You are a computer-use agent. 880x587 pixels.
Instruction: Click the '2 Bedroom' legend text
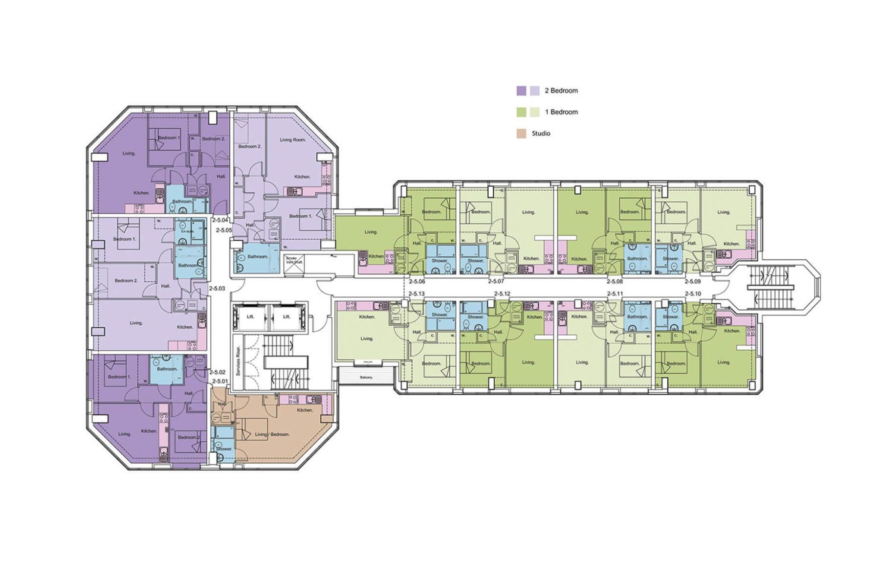tap(561, 90)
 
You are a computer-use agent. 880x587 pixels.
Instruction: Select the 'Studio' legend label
tap(541, 134)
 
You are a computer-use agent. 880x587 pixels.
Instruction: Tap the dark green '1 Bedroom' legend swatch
tap(521, 112)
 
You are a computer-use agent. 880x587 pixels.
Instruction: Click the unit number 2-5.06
tap(417, 282)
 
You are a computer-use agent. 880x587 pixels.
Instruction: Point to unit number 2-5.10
tap(693, 293)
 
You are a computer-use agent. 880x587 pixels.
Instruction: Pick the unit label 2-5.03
tap(217, 289)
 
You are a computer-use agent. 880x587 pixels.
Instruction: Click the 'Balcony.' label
tap(367, 378)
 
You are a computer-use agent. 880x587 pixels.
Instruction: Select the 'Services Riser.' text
tap(238, 361)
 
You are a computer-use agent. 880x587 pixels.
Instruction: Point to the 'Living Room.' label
tap(292, 140)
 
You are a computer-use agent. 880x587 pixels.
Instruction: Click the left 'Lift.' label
tap(250, 316)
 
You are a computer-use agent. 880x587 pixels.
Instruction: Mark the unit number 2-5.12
tap(502, 293)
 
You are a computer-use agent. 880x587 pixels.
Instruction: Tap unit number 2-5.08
tap(615, 282)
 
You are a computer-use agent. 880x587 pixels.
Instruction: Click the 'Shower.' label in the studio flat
tap(224, 449)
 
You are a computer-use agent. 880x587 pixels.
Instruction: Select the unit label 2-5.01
tap(220, 381)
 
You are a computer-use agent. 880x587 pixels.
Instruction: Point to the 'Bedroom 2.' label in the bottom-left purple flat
tap(188, 437)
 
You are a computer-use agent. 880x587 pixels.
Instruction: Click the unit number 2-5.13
tap(417, 293)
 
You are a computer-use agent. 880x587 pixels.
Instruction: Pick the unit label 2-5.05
tap(224, 230)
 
